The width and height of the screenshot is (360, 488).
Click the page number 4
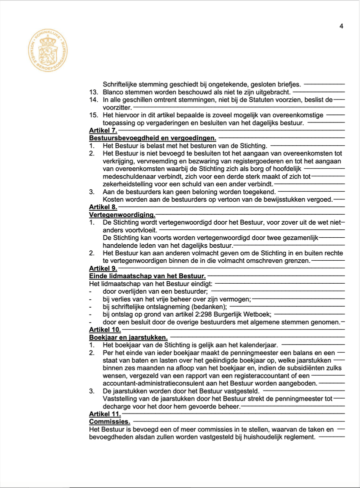point(341,26)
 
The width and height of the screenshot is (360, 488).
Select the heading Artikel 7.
point(103,130)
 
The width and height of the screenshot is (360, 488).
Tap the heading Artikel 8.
point(103,207)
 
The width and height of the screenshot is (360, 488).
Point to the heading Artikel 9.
point(103,268)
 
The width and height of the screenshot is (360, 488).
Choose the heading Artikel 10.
point(105,330)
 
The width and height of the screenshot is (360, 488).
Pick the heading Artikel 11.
point(105,414)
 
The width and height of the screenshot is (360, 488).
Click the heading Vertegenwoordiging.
point(122,215)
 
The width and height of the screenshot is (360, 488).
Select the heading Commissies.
point(109,422)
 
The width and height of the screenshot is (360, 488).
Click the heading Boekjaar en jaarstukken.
point(128,337)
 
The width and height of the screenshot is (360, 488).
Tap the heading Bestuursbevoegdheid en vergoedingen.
point(152,138)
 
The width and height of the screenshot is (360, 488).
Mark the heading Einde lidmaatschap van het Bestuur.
point(147,276)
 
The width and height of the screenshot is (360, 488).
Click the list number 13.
point(93,92)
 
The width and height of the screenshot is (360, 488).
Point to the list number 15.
point(93,115)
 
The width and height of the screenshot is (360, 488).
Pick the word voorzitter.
point(117,107)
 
